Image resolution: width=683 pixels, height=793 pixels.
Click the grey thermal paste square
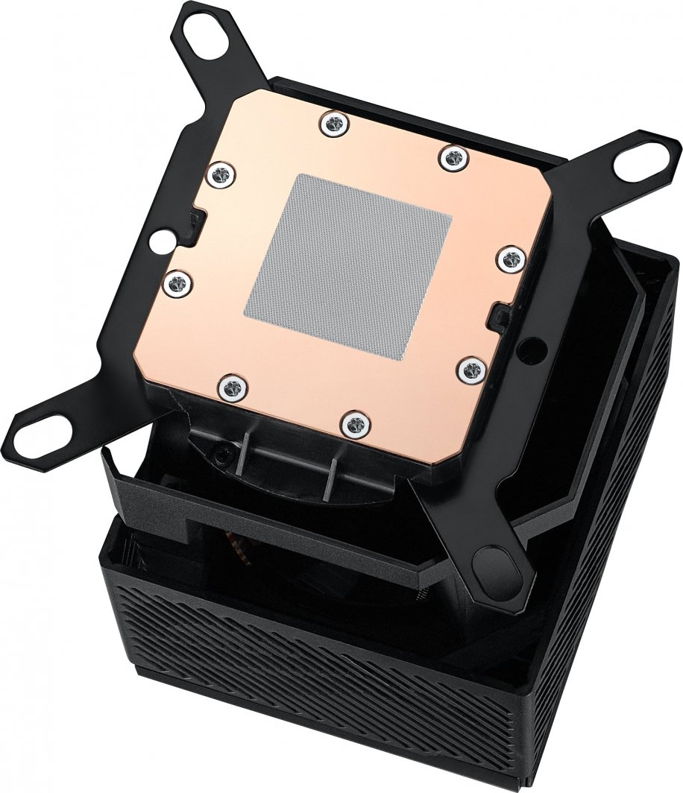tap(349, 265)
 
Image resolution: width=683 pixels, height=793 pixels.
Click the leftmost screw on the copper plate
tap(177, 282)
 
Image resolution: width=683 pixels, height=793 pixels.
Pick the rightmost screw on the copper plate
tap(511, 259)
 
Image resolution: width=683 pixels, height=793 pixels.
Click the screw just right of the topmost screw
tap(453, 157)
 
